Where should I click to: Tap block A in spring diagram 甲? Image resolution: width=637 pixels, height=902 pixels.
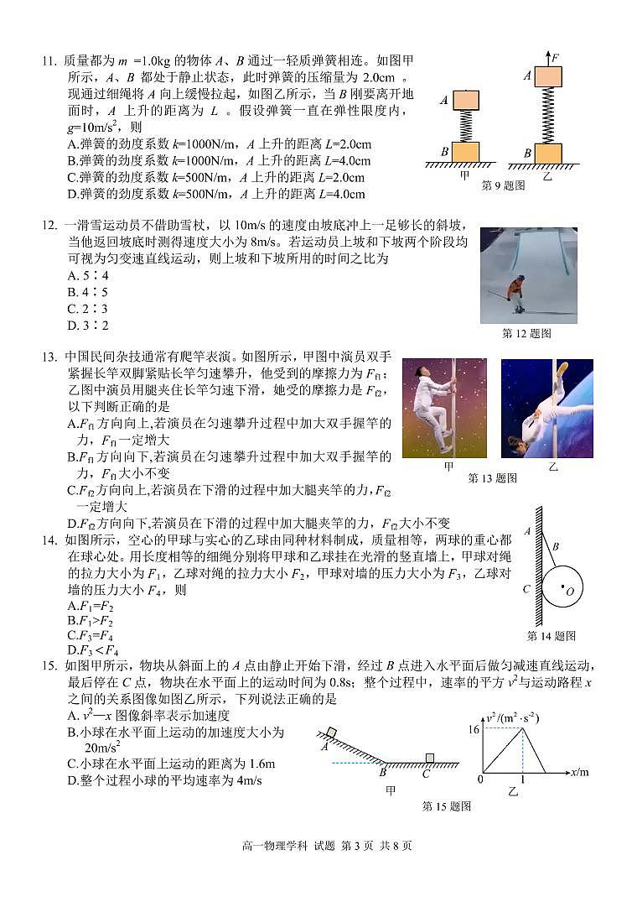tap(466, 101)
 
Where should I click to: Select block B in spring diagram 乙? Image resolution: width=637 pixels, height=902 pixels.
tap(548, 154)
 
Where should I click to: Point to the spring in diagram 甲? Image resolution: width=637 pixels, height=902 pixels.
tap(466, 127)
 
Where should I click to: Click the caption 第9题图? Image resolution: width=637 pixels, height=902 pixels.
tap(503, 185)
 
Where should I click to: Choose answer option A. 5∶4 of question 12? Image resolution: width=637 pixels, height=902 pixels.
tap(88, 275)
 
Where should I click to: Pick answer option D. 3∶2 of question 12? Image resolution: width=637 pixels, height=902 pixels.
tap(88, 326)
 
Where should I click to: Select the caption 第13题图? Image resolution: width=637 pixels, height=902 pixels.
tap(492, 478)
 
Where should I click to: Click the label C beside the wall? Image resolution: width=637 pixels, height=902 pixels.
tap(527, 589)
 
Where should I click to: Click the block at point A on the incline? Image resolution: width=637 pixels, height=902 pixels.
tap(332, 733)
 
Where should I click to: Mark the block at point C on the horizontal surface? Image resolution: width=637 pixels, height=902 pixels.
tap(429, 759)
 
